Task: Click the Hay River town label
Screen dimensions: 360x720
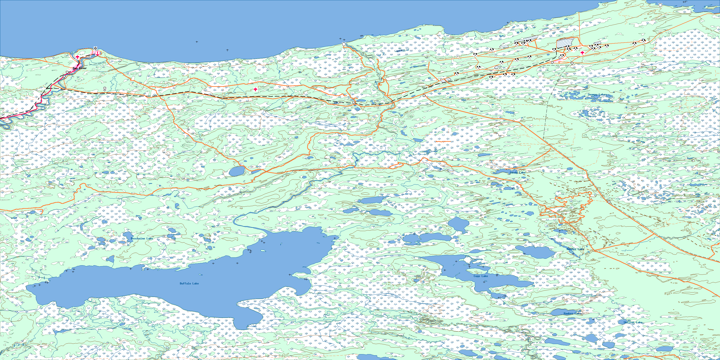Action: [x=80, y=68]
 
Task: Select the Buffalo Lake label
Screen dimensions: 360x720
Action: [x=189, y=283]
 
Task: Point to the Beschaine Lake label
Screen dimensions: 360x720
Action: [x=142, y=238]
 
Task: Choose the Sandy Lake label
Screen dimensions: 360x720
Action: [x=517, y=172]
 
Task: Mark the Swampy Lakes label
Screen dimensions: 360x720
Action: [x=597, y=94]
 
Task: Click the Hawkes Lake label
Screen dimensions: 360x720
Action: [x=572, y=313]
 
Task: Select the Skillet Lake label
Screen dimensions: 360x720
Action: [x=633, y=322]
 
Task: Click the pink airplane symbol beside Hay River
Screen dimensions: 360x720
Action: [x=77, y=57]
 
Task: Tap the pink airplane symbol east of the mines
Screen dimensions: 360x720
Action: [x=582, y=53]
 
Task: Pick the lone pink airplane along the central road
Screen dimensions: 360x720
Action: [x=255, y=89]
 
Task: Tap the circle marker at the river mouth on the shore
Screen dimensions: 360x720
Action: [x=344, y=44]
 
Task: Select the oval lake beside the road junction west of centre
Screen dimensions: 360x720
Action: [x=236, y=171]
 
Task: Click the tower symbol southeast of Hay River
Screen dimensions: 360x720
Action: [x=105, y=89]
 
